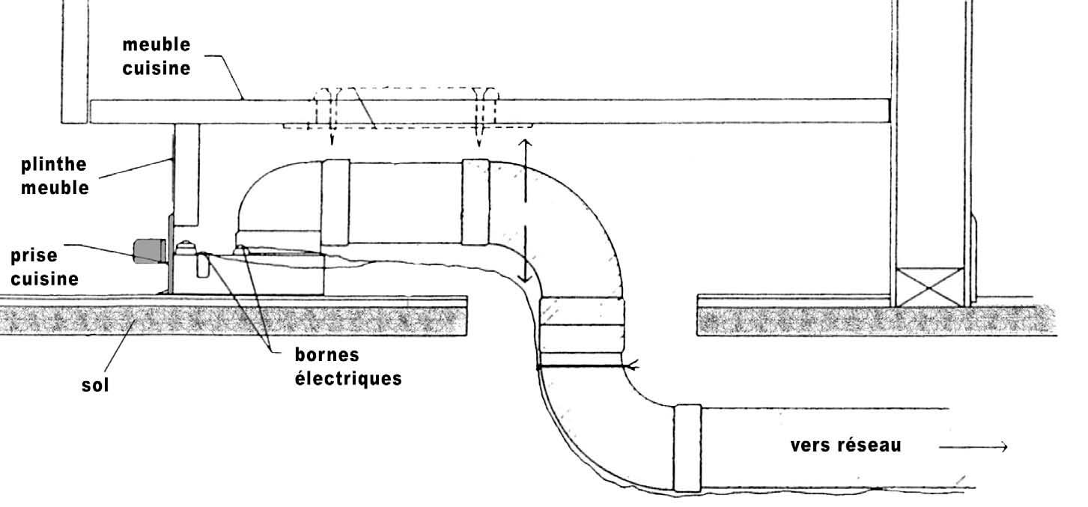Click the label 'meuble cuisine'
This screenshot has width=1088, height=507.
click(x=156, y=56)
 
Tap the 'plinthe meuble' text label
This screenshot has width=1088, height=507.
click(x=55, y=176)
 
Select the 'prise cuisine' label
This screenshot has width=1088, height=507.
click(x=44, y=267)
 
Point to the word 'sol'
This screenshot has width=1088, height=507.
click(x=95, y=385)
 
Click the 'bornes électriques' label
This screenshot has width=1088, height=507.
click(x=348, y=367)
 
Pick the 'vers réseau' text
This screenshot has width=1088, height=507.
click(x=845, y=446)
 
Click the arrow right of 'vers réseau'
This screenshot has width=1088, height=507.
click(x=973, y=447)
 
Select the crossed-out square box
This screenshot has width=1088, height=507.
click(x=929, y=288)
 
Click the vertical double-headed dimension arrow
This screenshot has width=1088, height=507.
click(x=525, y=211)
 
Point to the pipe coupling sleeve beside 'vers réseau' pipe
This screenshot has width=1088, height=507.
click(x=687, y=448)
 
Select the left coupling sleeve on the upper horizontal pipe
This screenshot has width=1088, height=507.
click(x=335, y=202)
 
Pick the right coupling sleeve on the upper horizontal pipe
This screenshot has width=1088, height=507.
click(x=475, y=202)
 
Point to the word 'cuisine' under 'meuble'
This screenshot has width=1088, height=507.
click(x=156, y=68)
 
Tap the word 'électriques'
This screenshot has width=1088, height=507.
click(x=348, y=378)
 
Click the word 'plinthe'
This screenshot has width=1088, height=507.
click(x=53, y=165)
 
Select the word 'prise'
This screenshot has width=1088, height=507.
click(x=34, y=256)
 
